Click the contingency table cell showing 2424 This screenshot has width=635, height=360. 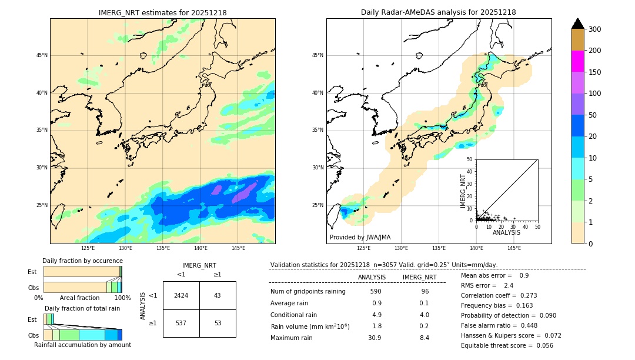[181, 295]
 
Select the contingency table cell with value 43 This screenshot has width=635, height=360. [218, 295]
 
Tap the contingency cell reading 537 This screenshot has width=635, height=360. [181, 323]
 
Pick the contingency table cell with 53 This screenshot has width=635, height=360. [218, 323]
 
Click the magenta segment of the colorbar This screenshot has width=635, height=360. [578, 61]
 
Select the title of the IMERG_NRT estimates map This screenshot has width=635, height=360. [162, 12]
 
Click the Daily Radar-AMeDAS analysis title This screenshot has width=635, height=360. [439, 12]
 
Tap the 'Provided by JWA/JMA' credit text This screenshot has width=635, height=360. [360, 237]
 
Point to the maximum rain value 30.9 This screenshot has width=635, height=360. [375, 338]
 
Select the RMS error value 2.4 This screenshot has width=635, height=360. [509, 285]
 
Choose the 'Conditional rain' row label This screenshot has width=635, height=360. [295, 315]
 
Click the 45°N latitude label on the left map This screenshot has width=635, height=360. [41, 55]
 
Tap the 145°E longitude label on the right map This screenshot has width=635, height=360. [514, 248]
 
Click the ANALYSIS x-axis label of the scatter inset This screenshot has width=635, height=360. [506, 232]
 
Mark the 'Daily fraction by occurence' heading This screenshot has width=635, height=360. [82, 261]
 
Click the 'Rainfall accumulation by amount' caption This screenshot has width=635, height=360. [83, 345]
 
